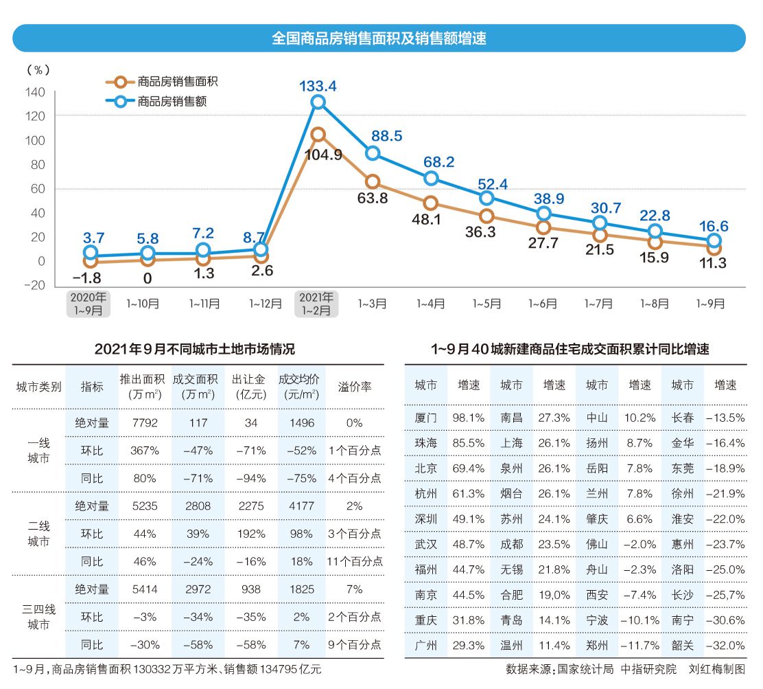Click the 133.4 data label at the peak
point(318,86)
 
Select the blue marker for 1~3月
point(373,153)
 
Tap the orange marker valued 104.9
point(318,135)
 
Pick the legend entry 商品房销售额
point(172,102)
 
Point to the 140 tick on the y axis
point(36,93)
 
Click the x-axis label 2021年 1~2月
point(317,304)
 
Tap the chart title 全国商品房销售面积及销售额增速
point(379,38)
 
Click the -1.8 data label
point(88,278)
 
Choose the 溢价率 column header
point(355,387)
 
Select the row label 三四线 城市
point(39,617)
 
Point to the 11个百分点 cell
point(354,562)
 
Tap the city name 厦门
point(425,418)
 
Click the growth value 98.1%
point(469,418)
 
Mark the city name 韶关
point(682,646)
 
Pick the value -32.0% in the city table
point(725,646)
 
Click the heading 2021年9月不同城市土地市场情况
point(195,350)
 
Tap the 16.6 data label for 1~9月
point(714,227)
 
